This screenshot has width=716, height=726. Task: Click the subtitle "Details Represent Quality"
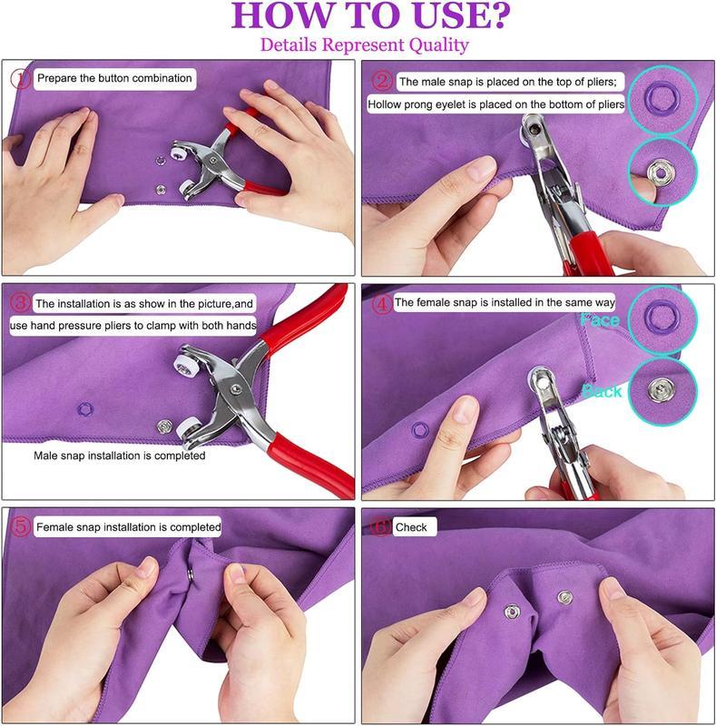(364, 44)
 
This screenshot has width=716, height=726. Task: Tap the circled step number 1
(21, 79)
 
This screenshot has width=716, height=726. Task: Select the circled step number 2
(381, 82)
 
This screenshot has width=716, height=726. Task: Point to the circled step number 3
(21, 302)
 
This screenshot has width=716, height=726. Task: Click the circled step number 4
(380, 303)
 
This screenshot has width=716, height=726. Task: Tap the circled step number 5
(21, 526)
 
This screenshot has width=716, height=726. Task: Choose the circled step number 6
(381, 527)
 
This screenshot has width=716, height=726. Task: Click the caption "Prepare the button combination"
(114, 79)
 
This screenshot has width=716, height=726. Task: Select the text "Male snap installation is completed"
(120, 456)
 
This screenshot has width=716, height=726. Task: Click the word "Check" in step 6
(411, 527)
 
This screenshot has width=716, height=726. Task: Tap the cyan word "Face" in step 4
(601, 321)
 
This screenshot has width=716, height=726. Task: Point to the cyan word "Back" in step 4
(603, 391)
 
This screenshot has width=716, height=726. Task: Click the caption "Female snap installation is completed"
(128, 526)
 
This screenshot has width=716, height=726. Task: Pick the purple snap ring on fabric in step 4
(420, 427)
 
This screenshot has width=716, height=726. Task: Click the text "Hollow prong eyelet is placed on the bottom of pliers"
(496, 105)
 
